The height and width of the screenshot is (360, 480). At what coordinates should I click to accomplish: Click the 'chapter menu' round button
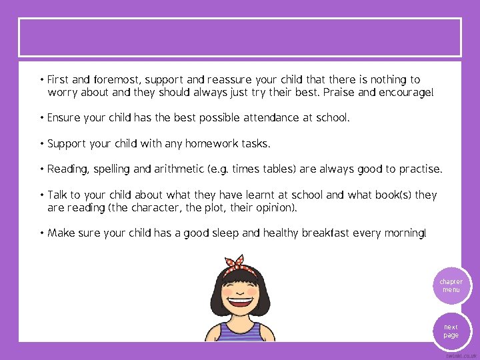(x=451, y=286)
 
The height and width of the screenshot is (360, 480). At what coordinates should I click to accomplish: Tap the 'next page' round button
(x=451, y=331)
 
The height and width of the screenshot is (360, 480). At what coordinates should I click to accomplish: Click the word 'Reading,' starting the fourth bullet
(x=68, y=169)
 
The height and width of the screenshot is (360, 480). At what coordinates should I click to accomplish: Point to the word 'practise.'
(x=420, y=169)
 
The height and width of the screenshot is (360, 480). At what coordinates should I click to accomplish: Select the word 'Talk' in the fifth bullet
(x=58, y=195)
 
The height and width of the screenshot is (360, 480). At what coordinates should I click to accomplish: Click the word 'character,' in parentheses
(x=155, y=208)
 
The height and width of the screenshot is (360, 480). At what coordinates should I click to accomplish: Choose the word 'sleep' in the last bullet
(x=225, y=234)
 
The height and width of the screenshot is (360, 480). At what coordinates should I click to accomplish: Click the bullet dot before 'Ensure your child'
(x=41, y=118)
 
